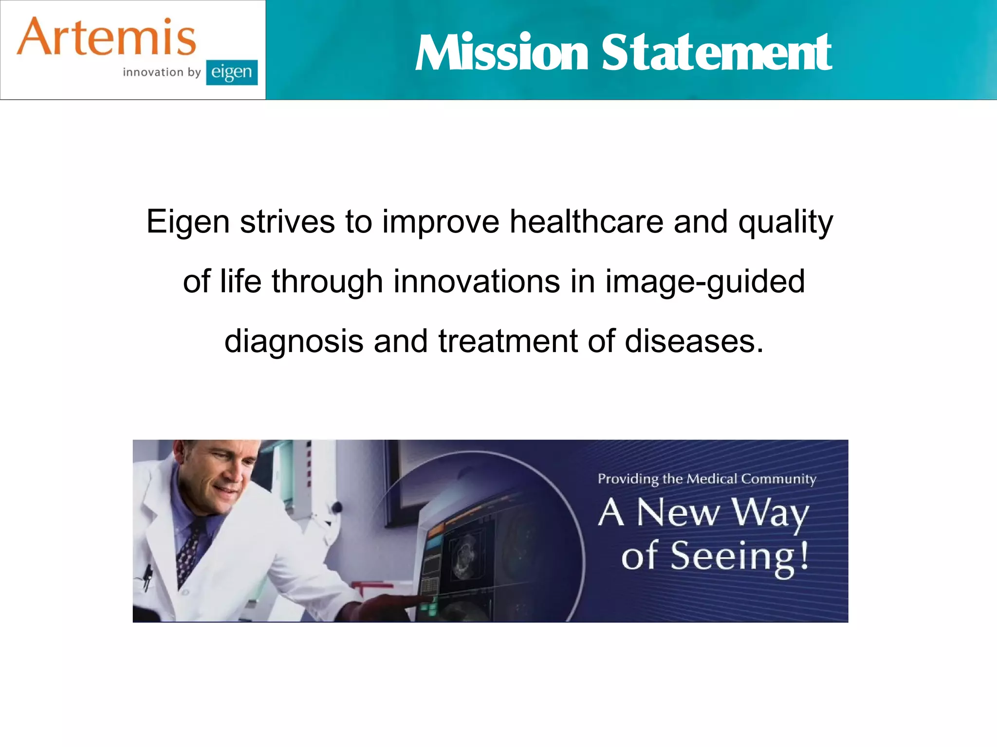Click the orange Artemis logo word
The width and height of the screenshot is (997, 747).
pos(106,37)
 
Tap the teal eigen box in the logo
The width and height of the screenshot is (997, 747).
pos(232,72)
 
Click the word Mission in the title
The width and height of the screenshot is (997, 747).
pos(502,53)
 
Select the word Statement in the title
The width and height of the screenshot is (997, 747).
pos(717,53)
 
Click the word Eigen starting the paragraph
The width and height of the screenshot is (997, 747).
pos(188,222)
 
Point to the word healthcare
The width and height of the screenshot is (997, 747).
pos(586,222)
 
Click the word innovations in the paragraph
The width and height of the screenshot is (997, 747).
pos(477,282)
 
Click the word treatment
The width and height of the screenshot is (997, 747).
pos(508,341)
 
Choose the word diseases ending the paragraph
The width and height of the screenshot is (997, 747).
pos(694,341)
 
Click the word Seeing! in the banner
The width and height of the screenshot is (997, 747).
pos(739,557)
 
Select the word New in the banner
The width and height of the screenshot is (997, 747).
pos(678,513)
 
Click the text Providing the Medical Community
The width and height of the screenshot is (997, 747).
pos(707,479)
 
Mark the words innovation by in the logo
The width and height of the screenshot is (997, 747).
pos(162,72)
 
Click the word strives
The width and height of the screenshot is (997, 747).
pos(287,222)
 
